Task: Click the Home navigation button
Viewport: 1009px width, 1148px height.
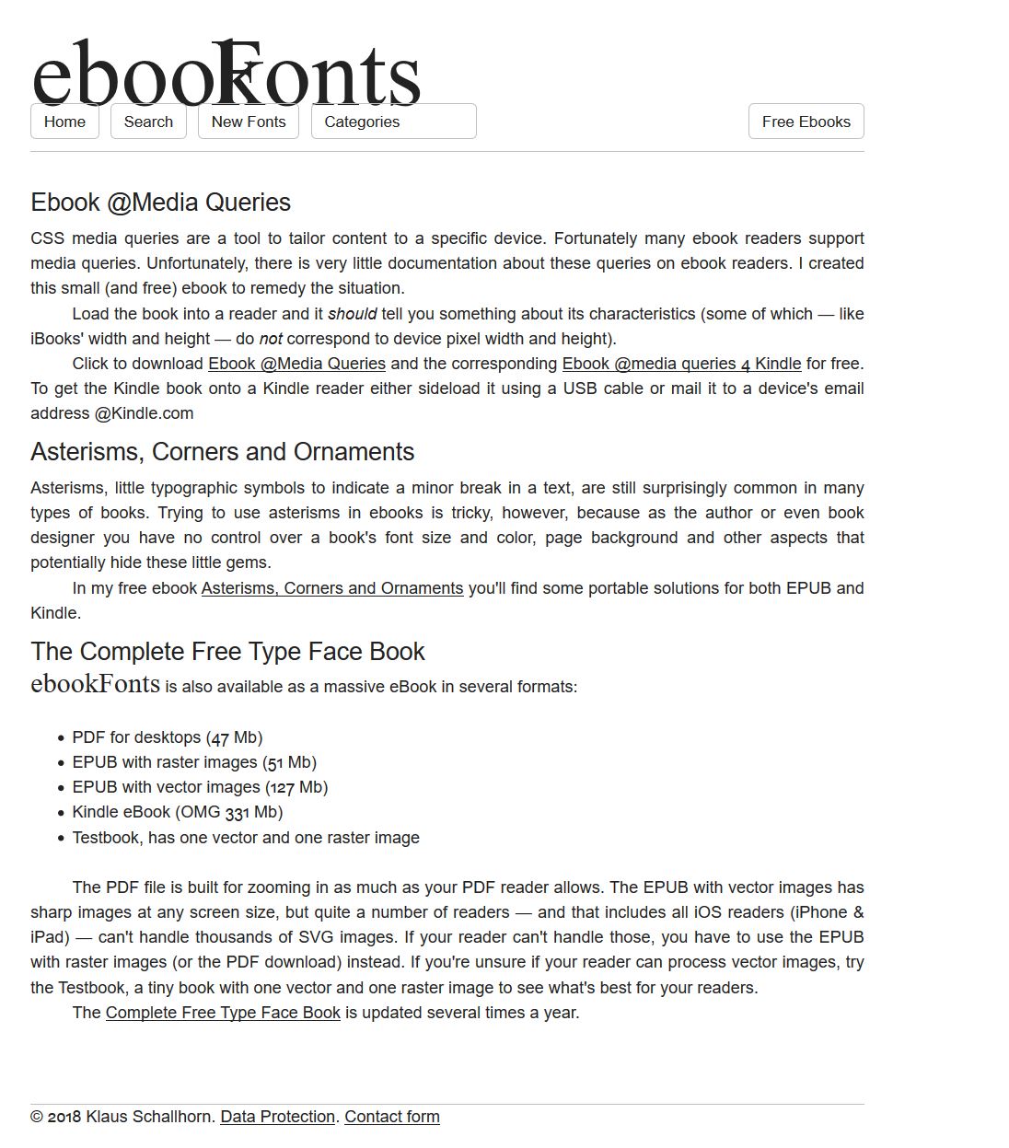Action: (64, 122)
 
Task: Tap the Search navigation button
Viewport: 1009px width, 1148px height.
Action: (148, 122)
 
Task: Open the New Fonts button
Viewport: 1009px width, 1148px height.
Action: (249, 122)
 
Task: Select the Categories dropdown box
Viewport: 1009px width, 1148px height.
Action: (393, 122)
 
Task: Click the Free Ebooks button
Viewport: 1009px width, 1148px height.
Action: (806, 122)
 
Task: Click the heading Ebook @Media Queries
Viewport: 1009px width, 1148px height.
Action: (160, 203)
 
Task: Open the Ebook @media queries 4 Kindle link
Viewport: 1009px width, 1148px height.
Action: (681, 364)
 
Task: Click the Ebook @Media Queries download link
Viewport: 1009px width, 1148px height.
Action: (296, 364)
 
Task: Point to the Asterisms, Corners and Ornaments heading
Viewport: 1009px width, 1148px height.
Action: (222, 452)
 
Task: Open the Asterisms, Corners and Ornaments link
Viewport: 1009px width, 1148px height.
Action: (332, 588)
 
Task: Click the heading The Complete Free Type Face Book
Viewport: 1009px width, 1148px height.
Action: (227, 652)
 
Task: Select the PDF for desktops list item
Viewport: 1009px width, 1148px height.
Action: (168, 737)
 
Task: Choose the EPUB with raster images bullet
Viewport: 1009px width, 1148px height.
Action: (194, 762)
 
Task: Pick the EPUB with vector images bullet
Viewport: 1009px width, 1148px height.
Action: (200, 787)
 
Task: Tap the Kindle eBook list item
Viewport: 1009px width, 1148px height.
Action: (178, 812)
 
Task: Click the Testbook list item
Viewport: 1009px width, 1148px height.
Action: (246, 838)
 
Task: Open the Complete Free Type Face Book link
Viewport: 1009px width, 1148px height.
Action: (223, 1013)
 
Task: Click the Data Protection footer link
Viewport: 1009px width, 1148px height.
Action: (277, 1117)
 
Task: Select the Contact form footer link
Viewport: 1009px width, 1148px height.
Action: (392, 1117)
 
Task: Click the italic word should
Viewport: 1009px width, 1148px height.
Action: (352, 314)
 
